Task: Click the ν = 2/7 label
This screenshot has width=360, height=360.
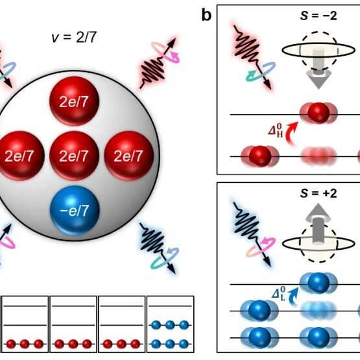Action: [x=74, y=38]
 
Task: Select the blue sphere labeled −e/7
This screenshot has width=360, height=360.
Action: [x=75, y=210]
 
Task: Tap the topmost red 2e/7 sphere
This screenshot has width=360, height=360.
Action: [x=74, y=101]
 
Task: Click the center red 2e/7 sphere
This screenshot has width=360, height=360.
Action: [x=74, y=156]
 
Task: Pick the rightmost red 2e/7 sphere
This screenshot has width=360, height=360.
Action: [x=129, y=156]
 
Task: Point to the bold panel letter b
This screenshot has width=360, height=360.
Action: [x=206, y=15]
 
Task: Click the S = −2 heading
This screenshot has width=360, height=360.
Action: [x=318, y=16]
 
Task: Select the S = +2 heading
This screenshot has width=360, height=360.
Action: [x=318, y=193]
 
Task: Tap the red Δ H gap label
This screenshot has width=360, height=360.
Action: [x=276, y=130]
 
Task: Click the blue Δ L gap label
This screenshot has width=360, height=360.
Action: [x=279, y=294]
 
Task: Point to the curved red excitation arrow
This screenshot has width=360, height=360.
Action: [x=291, y=134]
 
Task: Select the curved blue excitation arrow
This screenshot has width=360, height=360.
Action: [x=293, y=297]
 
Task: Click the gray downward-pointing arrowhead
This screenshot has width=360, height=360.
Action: [x=318, y=79]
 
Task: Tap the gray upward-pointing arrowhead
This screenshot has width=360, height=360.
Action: [x=318, y=212]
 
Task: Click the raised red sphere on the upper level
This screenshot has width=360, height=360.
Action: [x=318, y=113]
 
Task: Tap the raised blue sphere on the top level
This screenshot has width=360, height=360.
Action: [x=318, y=283]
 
